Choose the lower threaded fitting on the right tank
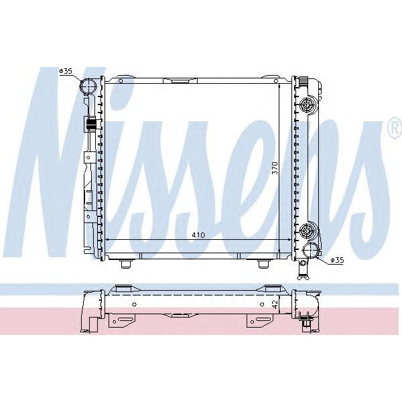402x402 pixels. (308, 231)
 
